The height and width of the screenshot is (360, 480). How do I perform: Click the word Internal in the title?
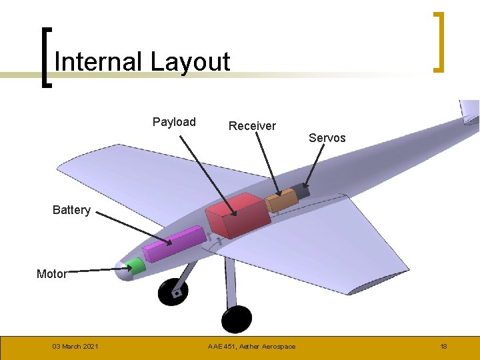coord(99,62)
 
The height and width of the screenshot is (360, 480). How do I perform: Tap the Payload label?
coord(174,121)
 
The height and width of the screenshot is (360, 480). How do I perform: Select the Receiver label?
coord(252,125)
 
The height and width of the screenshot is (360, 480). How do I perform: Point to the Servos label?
coord(327,138)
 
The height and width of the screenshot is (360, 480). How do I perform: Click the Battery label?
coord(71,210)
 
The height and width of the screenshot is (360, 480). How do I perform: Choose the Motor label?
coord(51,274)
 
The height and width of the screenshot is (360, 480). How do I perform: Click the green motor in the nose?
coord(137,267)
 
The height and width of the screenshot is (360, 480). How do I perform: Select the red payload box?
coord(237,214)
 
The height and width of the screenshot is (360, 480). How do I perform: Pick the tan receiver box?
coord(281,199)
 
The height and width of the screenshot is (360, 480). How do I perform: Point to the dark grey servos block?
coord(303,191)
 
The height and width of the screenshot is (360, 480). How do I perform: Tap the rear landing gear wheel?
coord(237,319)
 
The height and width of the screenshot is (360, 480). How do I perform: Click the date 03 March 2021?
coord(75,347)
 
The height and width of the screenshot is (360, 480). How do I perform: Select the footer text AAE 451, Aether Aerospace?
coord(251,347)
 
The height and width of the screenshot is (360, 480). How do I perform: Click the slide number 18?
coord(443,347)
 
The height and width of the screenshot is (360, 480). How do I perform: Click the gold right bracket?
coord(439,41)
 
